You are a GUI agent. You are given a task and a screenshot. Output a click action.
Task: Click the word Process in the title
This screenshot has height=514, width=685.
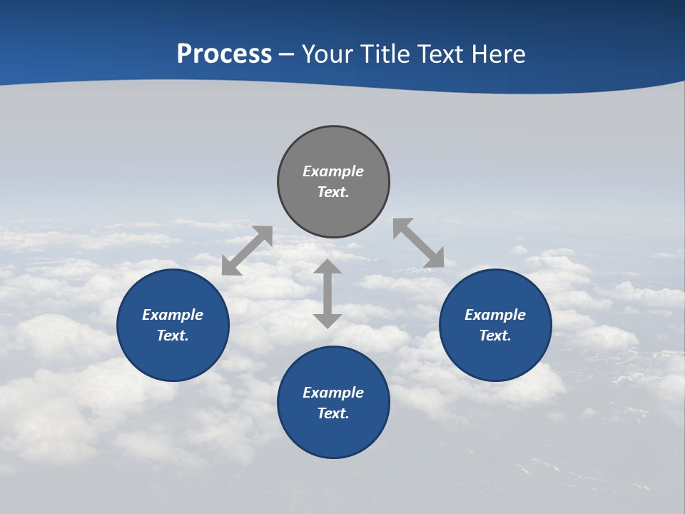coord(224,54)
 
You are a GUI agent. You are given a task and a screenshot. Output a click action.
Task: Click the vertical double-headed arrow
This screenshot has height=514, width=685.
coord(328,293)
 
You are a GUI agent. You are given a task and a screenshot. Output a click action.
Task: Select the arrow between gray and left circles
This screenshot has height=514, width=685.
coord(247,251)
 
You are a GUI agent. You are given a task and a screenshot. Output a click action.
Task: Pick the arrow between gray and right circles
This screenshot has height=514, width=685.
coord(419,243)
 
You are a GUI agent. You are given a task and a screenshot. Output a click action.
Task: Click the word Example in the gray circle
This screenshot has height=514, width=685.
coord(333,171)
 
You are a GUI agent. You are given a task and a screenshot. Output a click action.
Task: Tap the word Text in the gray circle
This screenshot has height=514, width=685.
coord(333,192)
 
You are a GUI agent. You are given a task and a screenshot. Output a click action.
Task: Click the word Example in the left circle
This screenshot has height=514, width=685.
coord(173,315)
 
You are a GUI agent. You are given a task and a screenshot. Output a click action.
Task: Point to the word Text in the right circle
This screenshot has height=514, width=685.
coord(495,336)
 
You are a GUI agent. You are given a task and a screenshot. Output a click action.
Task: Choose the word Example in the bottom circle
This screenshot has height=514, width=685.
coord(333,393)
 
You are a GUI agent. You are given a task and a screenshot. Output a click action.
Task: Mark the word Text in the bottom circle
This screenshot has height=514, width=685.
coord(333,413)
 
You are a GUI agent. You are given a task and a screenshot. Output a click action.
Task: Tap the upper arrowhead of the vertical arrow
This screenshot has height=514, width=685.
coord(328,268)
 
